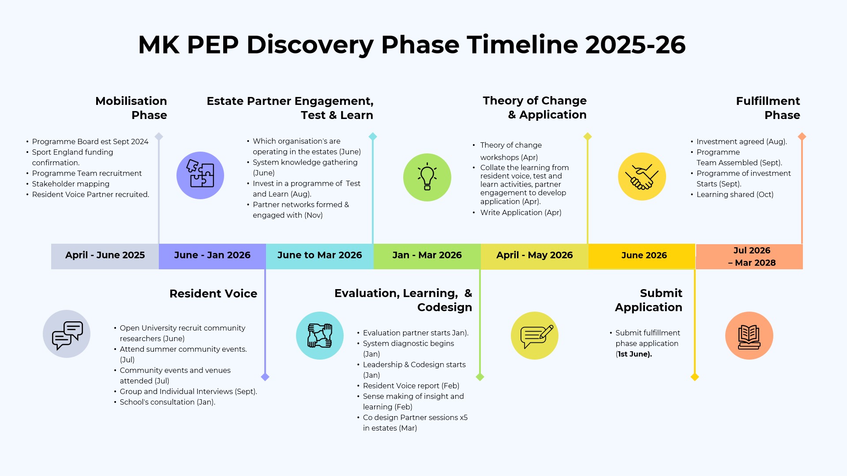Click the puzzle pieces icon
pos(200,175)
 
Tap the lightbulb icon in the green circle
pos(427,177)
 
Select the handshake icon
pos(642,177)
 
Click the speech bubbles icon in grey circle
pos(67,334)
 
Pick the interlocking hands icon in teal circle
pos(320,335)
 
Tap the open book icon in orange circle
pos(749,336)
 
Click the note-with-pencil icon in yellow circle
pos(535,336)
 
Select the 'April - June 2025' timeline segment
pos(105,256)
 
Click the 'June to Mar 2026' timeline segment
pos(319,256)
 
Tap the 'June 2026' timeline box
pos(644,256)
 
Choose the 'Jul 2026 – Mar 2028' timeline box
pos(751,257)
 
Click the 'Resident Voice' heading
pos(213,294)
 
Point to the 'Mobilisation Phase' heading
pos(131,108)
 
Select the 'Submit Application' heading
pos(649,300)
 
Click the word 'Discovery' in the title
pos(310,45)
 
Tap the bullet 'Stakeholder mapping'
pos(71,184)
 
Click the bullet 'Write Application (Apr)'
pos(521,212)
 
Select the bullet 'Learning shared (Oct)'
pos(735,194)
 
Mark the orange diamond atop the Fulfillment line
pos(802,137)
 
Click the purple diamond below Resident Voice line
pos(265,377)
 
